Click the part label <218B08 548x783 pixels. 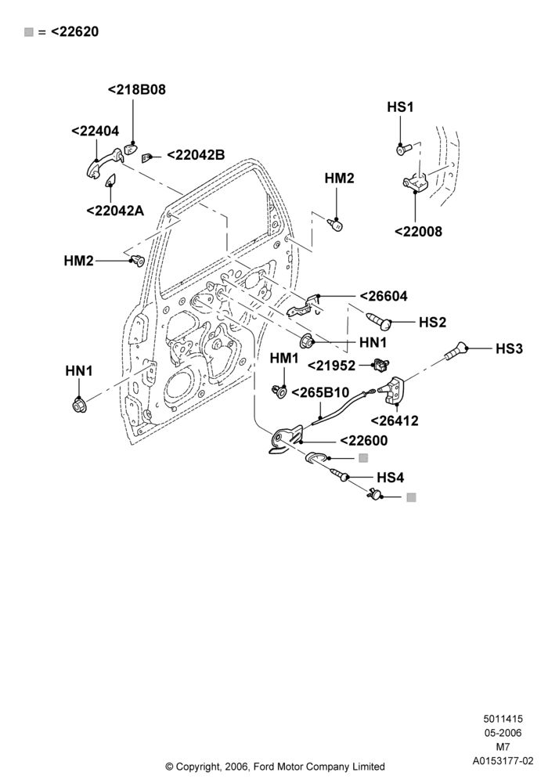(x=137, y=90)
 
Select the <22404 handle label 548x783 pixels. (x=96, y=131)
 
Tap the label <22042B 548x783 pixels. (x=196, y=155)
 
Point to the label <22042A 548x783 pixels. (x=115, y=211)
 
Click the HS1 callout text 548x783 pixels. (x=400, y=107)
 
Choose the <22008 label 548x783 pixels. (x=418, y=232)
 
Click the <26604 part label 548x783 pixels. (x=384, y=296)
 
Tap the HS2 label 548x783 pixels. (x=432, y=322)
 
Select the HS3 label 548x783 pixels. (x=509, y=348)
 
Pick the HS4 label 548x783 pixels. (x=391, y=478)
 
